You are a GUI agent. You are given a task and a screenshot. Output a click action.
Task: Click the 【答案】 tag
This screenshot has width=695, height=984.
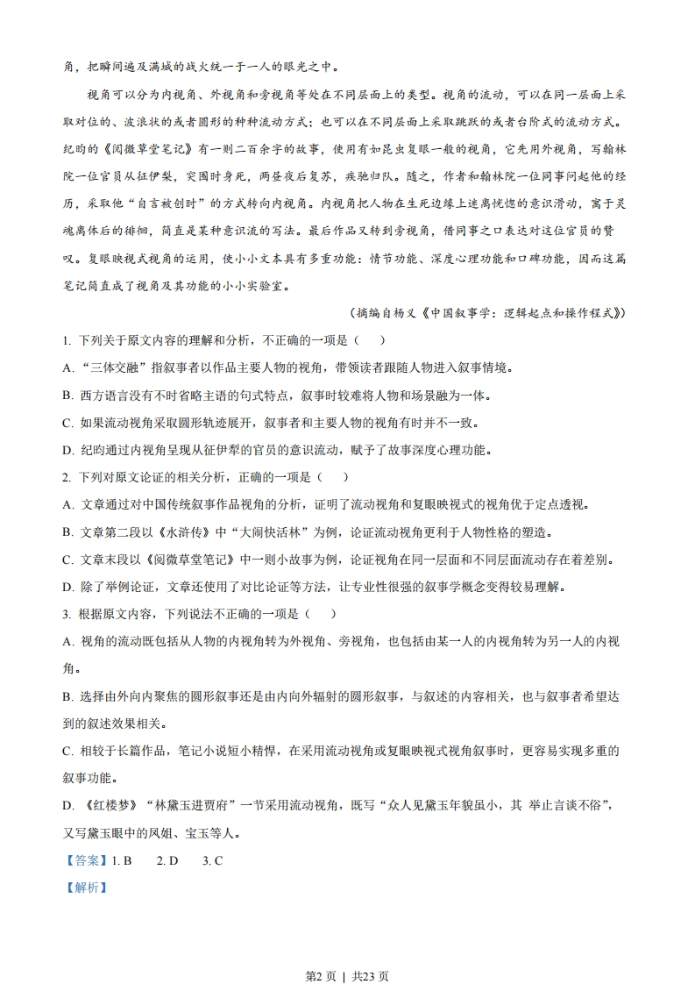(85, 860)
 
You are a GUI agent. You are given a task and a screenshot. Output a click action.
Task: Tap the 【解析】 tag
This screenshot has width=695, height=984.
(85, 887)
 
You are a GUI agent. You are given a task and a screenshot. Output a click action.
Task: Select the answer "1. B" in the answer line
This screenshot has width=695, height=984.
(121, 860)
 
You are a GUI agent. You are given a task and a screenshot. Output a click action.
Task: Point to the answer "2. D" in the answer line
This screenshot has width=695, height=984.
(167, 860)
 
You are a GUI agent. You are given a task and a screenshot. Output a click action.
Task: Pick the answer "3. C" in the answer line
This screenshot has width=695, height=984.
(212, 860)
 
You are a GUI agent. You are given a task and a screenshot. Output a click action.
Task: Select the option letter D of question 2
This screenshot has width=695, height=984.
(67, 587)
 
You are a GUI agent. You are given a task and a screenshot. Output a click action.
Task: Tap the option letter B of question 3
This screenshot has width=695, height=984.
(67, 696)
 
